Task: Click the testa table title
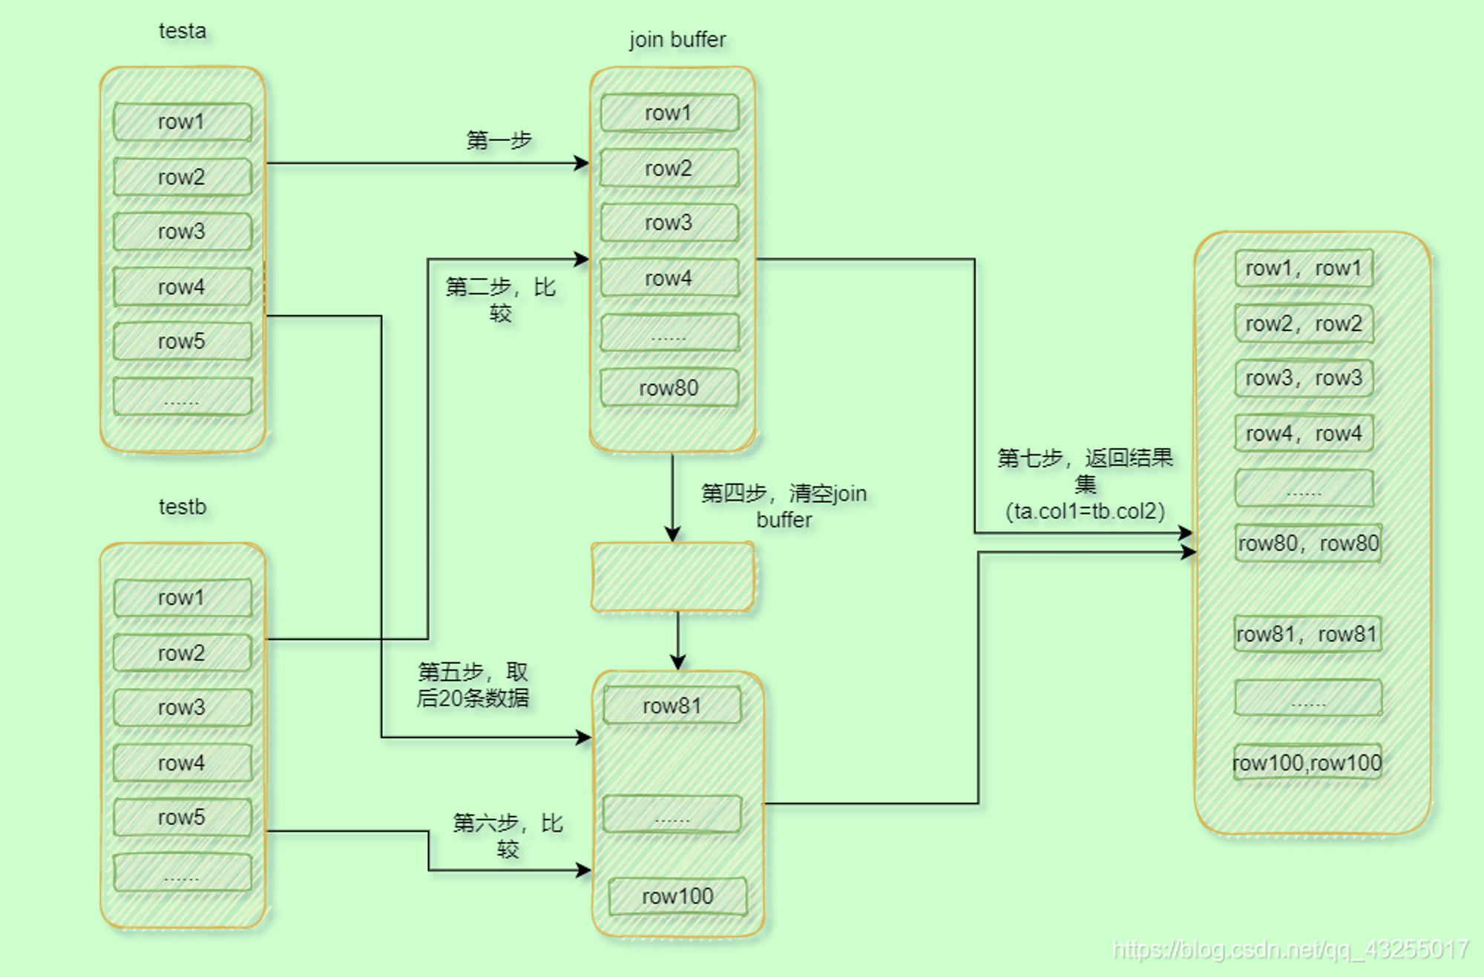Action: tap(183, 31)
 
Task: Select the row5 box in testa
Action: tap(183, 341)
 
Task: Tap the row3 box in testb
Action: tap(183, 708)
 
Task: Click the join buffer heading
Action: tap(677, 39)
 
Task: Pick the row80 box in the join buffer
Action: tap(669, 388)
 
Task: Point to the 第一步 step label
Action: tap(499, 139)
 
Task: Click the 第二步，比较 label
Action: tap(501, 300)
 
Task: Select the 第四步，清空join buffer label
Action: tap(784, 506)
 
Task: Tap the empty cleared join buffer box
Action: tap(673, 577)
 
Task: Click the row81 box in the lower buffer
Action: tap(672, 705)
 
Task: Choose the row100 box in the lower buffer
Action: tap(677, 896)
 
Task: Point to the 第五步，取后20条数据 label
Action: tap(473, 685)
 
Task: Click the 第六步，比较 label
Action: tap(508, 835)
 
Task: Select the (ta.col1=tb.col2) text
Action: tap(1085, 511)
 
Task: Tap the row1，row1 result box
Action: tap(1304, 269)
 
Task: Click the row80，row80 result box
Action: tap(1308, 543)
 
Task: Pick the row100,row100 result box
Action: tap(1307, 763)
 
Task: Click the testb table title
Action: tap(183, 507)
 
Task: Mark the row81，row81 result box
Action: tap(1307, 634)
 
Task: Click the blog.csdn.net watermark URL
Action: tap(1290, 950)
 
